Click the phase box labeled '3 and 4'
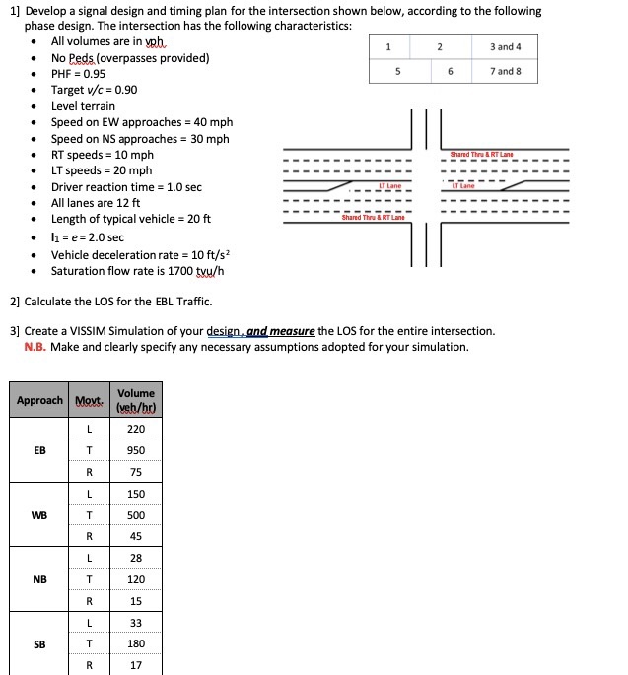click(504, 47)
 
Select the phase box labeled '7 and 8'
click(504, 71)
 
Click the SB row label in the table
click(38, 644)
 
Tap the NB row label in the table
click(38, 579)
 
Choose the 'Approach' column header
click(39, 400)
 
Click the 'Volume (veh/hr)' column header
click(135, 400)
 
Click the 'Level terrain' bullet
click(83, 106)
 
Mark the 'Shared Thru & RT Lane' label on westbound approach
click(481, 155)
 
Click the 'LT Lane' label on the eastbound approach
click(389, 185)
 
